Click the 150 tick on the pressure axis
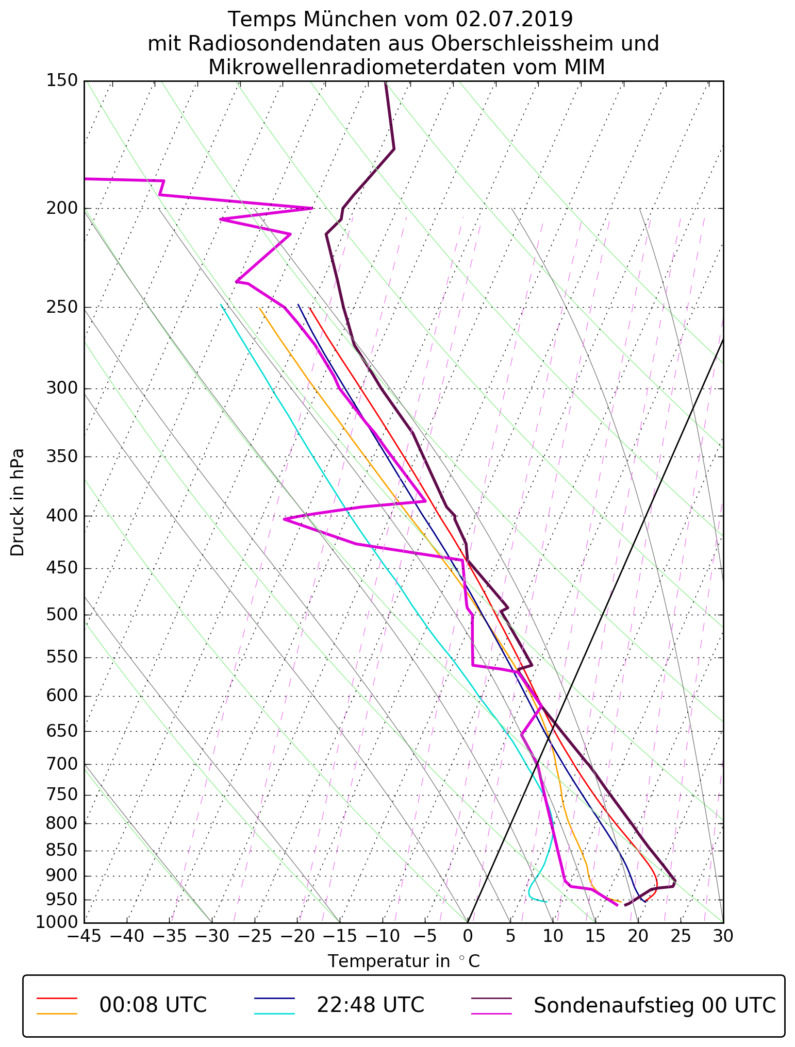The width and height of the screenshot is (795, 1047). pyautogui.click(x=62, y=80)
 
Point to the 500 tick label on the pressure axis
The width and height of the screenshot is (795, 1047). pyautogui.click(x=62, y=614)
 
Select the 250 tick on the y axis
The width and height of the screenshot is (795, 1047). pyautogui.click(x=62, y=307)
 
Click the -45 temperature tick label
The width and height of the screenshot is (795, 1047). pyautogui.click(x=84, y=936)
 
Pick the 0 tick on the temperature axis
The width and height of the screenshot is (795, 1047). pyautogui.click(x=467, y=936)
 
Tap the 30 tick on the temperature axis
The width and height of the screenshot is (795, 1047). pyautogui.click(x=723, y=936)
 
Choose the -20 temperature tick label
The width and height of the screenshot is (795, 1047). pyautogui.click(x=297, y=936)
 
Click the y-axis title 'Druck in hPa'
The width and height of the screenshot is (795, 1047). pyautogui.click(x=18, y=502)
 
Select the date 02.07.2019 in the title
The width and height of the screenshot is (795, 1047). pyautogui.click(x=514, y=20)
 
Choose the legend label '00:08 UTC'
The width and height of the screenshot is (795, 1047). pyautogui.click(x=153, y=1005)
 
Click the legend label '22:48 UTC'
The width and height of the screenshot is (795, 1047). pyautogui.click(x=370, y=1005)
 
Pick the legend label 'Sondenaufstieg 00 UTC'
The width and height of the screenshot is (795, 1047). pyautogui.click(x=654, y=1005)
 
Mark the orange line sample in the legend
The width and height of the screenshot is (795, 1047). pyautogui.click(x=57, y=1014)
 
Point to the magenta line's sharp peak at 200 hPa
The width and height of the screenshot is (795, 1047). pyautogui.click(x=311, y=208)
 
